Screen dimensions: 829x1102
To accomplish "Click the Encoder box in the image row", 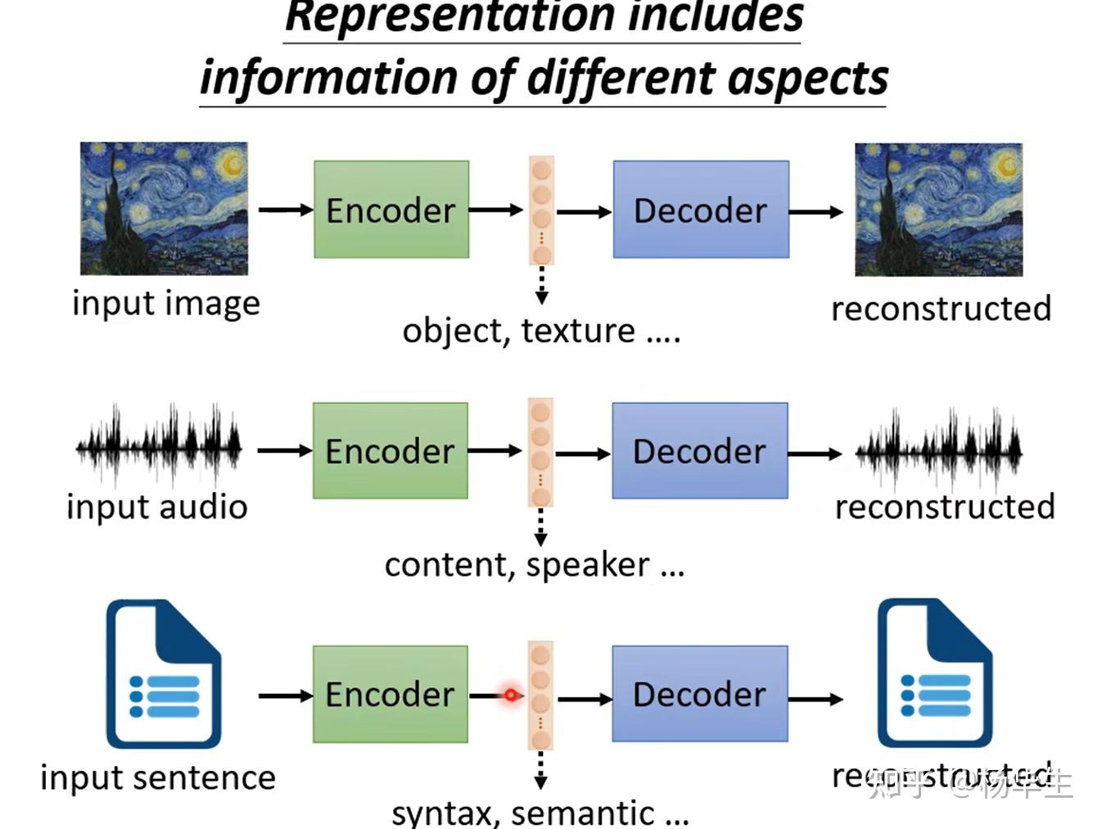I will pos(391,210).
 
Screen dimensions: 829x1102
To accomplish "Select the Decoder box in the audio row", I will pos(700,451).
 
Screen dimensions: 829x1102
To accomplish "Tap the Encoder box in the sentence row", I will pos(390,694).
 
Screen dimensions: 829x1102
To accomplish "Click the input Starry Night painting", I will pos(164,208).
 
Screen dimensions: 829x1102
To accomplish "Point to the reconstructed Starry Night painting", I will pos(938,210).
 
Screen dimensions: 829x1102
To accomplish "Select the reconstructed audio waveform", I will pos(938,449).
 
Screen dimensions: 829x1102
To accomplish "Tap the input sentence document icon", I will pos(163,674).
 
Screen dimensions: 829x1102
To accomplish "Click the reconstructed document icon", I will pos(934,673).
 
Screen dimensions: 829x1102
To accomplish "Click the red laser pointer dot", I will pos(511,695).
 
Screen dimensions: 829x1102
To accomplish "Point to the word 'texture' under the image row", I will pos(578,331).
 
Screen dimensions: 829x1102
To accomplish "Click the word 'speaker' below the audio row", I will pos(588,565).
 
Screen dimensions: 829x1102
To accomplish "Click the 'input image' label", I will pos(166,304).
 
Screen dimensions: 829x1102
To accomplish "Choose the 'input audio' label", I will pos(157,507).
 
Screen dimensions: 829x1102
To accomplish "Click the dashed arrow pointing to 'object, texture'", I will pos(541,285).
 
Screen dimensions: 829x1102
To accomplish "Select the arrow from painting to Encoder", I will pos(285,210).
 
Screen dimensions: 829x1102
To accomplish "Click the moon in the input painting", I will pos(229,165).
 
